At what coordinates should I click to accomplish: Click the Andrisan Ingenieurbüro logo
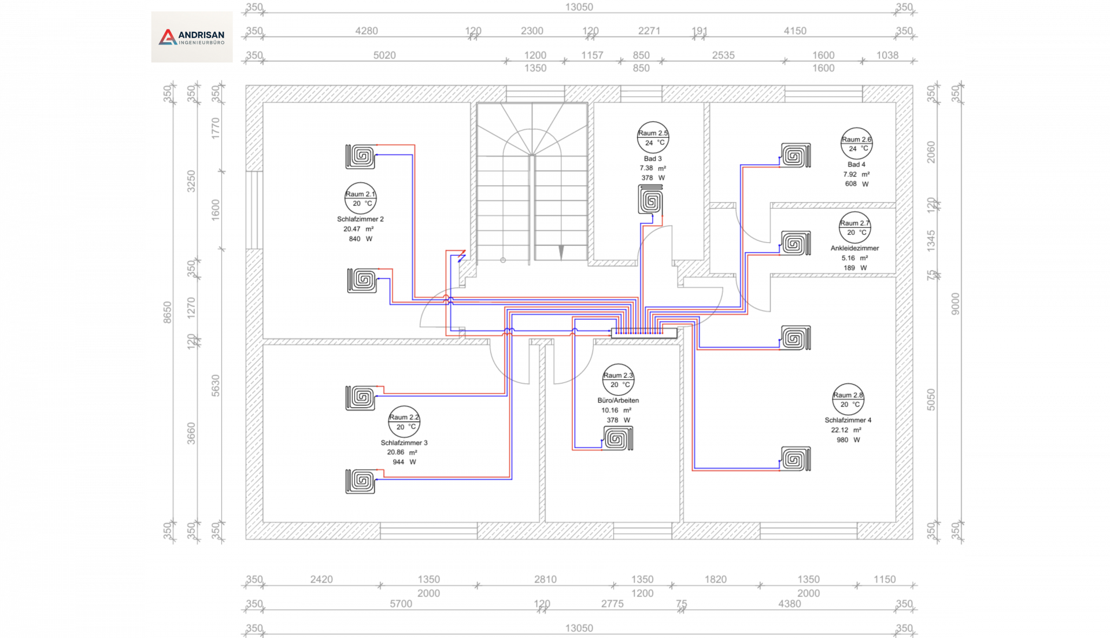click(192, 37)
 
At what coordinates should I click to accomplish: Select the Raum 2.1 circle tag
click(361, 198)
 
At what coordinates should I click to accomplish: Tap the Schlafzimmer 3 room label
click(404, 442)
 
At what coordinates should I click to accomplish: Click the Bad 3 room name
click(653, 158)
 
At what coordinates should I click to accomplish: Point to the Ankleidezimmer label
click(854, 248)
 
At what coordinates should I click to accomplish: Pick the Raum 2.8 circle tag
click(848, 400)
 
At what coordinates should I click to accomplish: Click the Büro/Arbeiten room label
click(618, 400)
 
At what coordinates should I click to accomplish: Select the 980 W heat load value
click(848, 440)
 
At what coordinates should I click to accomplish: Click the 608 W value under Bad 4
click(856, 184)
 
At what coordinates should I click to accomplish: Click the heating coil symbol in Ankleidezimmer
click(795, 244)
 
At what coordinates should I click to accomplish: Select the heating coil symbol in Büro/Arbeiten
click(618, 438)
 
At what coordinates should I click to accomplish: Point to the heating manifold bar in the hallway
click(644, 333)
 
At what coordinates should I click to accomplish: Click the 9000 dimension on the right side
click(955, 304)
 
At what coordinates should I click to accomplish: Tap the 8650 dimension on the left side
click(168, 312)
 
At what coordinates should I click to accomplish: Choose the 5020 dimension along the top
click(384, 55)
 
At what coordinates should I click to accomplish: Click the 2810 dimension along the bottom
click(545, 579)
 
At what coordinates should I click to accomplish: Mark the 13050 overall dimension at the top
click(579, 7)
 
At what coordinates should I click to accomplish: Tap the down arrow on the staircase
click(561, 252)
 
